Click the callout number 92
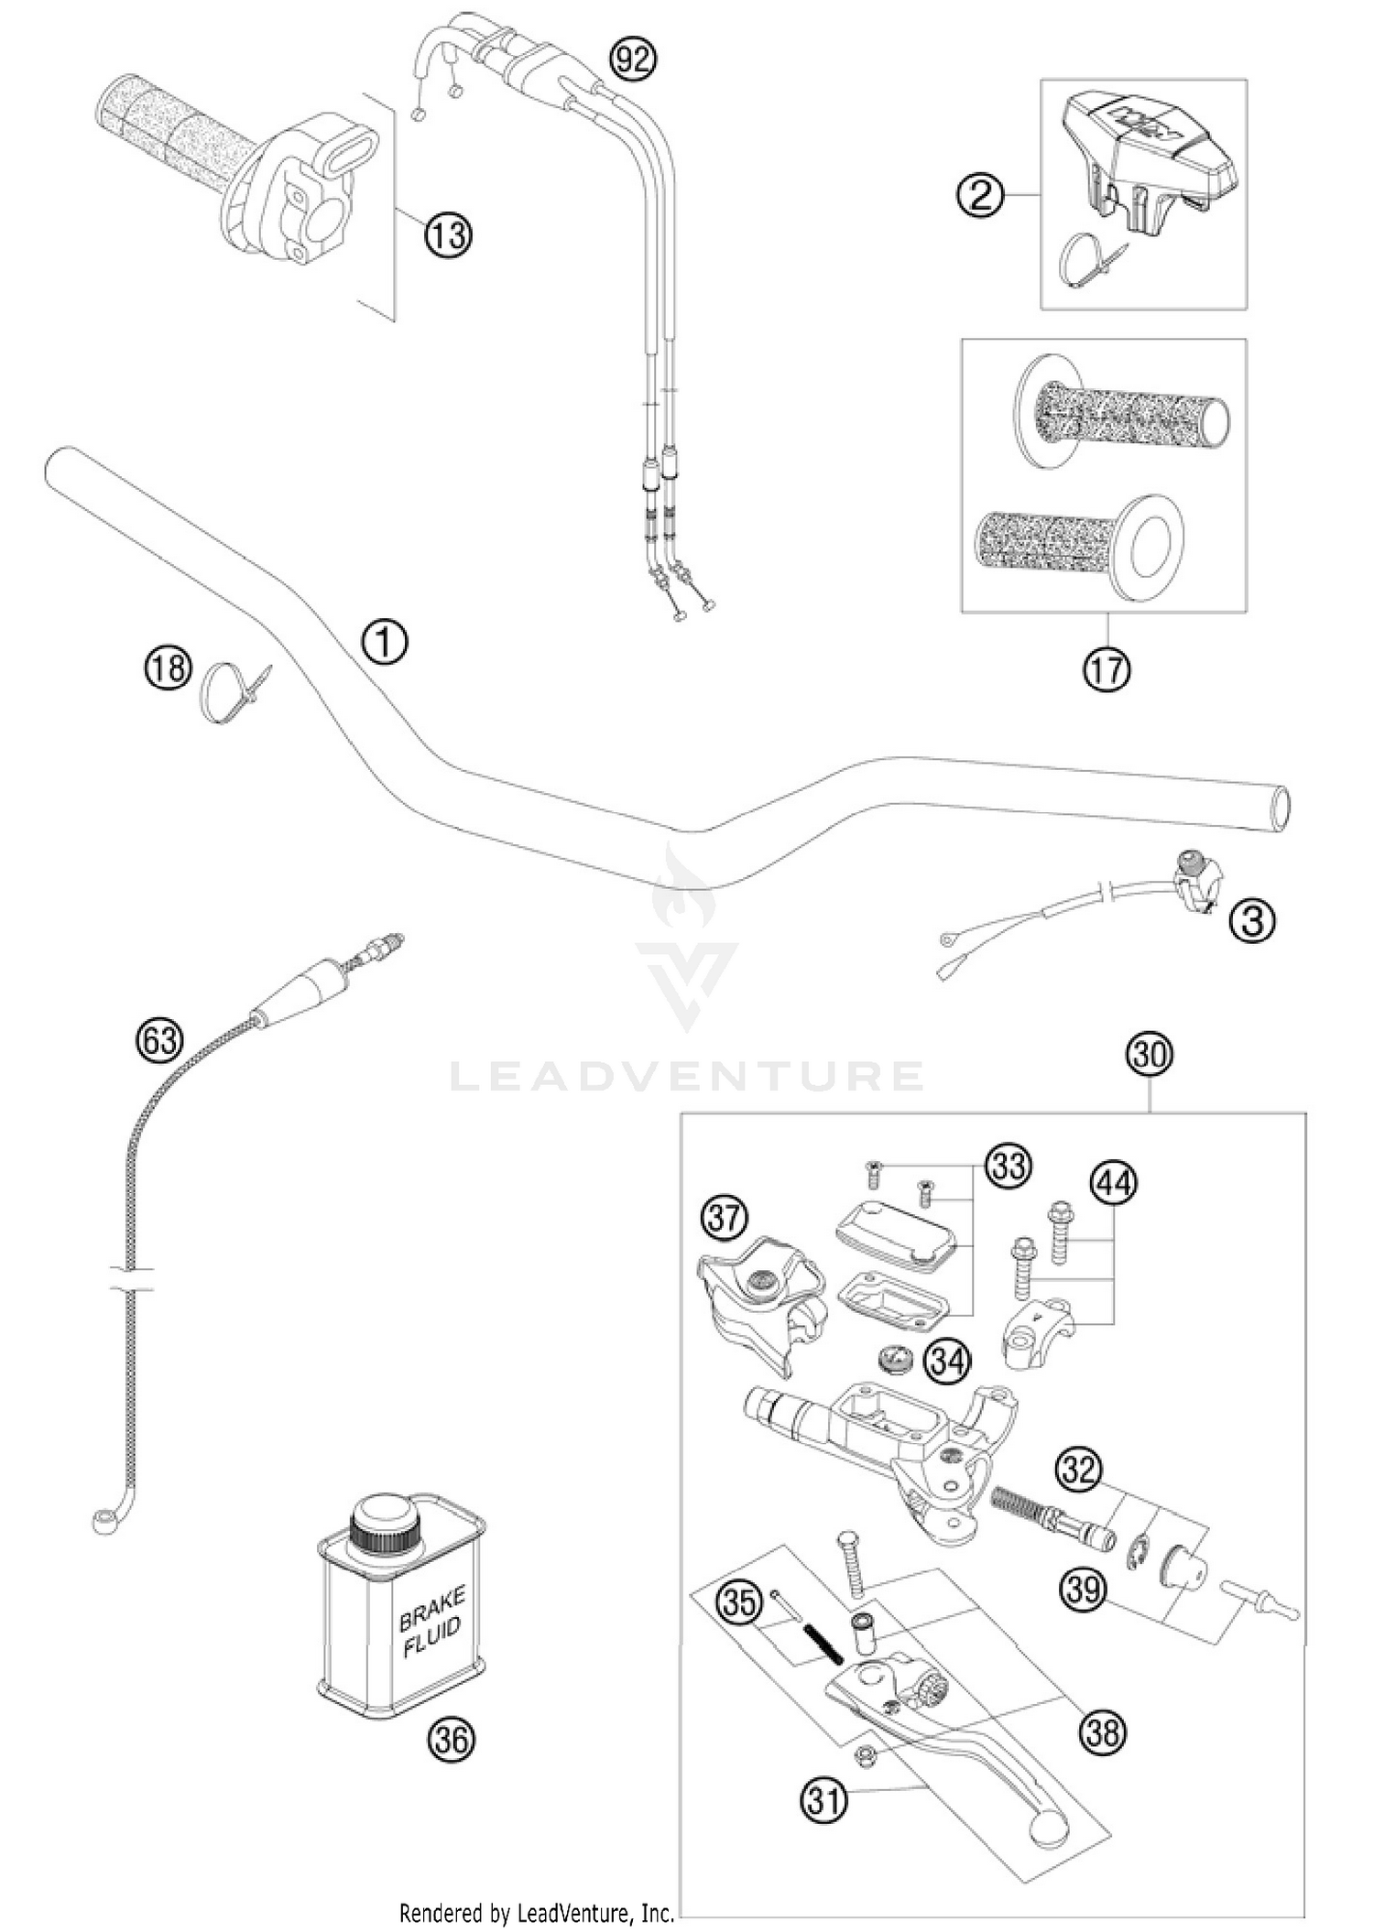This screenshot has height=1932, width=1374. click(634, 60)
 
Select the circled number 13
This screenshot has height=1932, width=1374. click(447, 235)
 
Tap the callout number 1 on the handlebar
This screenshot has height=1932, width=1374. click(385, 642)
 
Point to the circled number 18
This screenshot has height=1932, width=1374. click(168, 667)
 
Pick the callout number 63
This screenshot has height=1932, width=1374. click(159, 1040)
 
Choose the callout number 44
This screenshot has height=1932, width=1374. click(1113, 1184)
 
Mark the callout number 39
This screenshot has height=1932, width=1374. click(1084, 1589)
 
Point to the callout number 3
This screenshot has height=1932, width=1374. click(1252, 920)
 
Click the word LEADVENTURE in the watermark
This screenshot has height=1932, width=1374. click(686, 1077)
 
